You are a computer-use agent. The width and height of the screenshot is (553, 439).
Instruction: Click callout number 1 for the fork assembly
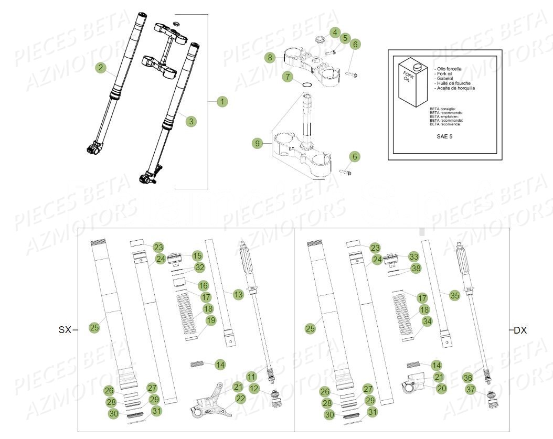click(222, 102)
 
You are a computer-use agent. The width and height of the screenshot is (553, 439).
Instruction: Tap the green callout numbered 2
click(101, 67)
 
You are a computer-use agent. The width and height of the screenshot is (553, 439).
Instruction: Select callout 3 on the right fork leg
click(192, 121)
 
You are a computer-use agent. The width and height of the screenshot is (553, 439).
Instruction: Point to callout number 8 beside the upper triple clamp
click(270, 57)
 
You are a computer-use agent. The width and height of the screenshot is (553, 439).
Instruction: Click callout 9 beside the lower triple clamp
click(257, 143)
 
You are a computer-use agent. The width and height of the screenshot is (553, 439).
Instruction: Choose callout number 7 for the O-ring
click(286, 77)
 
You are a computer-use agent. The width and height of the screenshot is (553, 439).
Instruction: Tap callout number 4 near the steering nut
click(335, 33)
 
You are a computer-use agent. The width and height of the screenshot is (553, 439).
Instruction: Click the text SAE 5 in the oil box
click(444, 136)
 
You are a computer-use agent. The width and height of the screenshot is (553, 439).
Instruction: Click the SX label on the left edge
click(65, 330)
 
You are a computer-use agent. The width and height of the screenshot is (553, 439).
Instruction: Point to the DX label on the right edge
click(520, 330)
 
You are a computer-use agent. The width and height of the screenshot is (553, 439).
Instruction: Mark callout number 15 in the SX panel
click(197, 256)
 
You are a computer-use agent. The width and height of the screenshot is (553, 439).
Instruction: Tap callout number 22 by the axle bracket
click(240, 399)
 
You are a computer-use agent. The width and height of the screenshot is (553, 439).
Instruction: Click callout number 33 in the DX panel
click(414, 256)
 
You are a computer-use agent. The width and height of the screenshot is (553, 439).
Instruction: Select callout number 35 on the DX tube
click(454, 295)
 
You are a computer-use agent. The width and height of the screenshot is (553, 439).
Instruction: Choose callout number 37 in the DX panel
click(470, 389)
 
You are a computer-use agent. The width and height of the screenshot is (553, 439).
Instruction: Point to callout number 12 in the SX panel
click(254, 389)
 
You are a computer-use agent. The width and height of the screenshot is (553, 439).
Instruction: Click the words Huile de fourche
click(453, 83)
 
